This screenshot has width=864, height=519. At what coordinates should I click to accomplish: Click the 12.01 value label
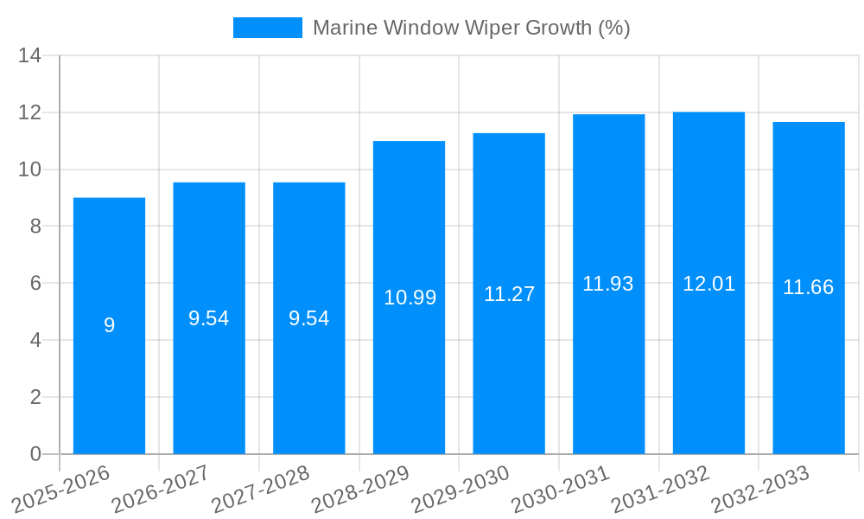coord(708,284)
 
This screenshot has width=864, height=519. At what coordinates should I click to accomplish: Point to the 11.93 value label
coord(608,284)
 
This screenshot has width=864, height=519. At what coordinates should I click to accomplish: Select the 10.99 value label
coord(410,298)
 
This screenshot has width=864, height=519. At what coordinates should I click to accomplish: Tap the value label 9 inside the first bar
coord(109,325)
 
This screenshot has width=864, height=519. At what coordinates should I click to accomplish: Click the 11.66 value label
coord(808,287)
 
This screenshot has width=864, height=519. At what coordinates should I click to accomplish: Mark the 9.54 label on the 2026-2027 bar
coord(209,318)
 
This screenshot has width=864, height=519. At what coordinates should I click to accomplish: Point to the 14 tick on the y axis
coord(30,56)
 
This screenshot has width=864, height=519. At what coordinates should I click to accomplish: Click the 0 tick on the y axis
coord(35,454)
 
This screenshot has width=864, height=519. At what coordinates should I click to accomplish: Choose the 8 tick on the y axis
coord(35,227)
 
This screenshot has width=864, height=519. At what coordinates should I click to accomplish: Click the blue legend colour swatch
coord(267,28)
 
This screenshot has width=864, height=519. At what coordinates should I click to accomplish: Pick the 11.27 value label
coord(509,294)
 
